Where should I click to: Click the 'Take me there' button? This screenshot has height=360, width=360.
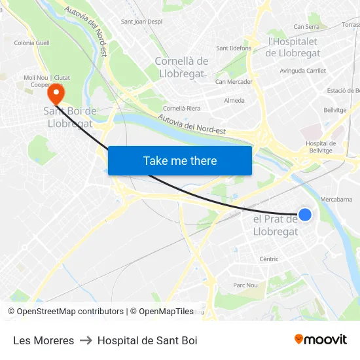pos(180,160)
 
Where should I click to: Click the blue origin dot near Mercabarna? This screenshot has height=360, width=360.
pos(304,214)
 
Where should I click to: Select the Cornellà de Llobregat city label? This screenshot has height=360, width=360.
pos(181,67)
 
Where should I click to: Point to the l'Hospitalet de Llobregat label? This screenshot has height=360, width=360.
pos(294,47)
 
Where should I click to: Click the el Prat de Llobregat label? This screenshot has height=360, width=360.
pos(275,225)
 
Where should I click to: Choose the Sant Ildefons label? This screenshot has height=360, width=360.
pos(234,48)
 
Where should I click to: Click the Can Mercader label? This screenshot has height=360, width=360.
pos(234,82)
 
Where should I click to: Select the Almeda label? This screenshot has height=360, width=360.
pos(234,101)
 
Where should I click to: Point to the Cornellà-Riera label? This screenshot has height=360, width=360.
pos(182,108)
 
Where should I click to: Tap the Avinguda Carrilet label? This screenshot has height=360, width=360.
pos(302,70)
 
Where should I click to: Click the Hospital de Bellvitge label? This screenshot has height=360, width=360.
pos(321,147)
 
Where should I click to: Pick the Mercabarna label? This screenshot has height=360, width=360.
pos(337,198)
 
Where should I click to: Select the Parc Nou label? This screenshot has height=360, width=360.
pos(245,285)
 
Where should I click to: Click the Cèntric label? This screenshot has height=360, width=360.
pos(268,259)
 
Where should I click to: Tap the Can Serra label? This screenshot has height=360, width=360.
pos(306,27)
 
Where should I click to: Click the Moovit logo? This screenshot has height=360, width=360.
pos(320,339)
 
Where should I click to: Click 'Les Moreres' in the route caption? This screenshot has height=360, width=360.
pos(43,340)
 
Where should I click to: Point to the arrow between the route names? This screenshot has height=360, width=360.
pos(86,340)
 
